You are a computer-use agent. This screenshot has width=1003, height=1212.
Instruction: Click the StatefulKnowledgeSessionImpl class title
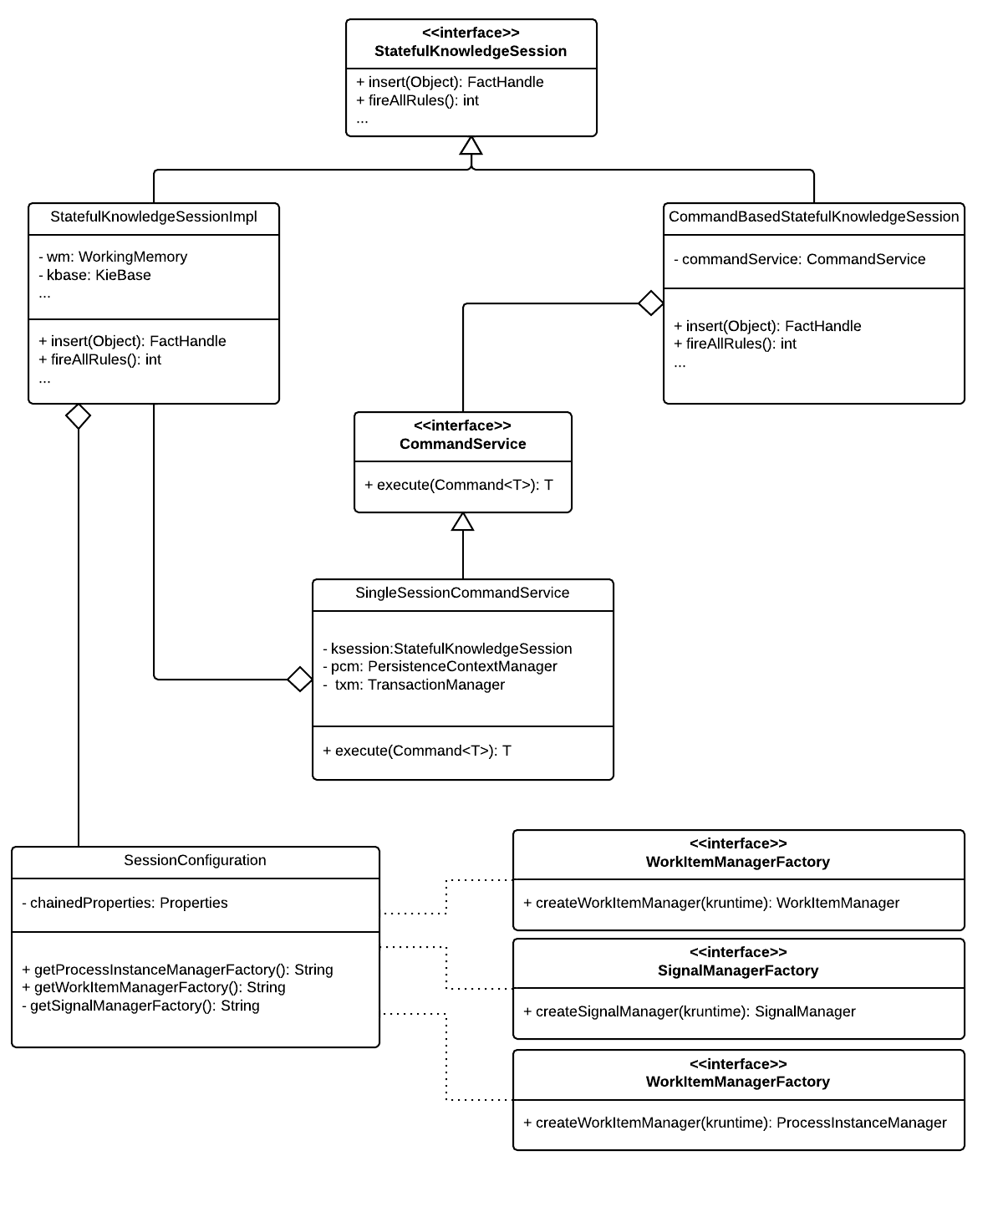tap(153, 216)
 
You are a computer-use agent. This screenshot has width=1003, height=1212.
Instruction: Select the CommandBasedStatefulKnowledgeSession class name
tap(813, 216)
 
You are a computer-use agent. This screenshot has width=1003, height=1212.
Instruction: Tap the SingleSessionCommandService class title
tap(462, 593)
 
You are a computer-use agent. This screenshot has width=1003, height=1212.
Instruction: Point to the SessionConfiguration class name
tap(195, 860)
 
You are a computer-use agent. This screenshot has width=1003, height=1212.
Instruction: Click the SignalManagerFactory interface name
tap(738, 970)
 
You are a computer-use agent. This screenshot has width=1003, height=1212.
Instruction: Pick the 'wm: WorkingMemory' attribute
tap(113, 257)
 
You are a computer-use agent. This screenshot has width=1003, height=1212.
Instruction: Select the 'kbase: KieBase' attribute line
tap(94, 275)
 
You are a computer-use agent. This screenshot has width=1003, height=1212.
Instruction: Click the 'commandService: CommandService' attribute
tap(799, 259)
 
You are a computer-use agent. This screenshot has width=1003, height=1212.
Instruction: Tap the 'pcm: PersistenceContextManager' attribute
tap(440, 666)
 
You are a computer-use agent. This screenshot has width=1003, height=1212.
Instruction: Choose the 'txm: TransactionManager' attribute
tap(414, 685)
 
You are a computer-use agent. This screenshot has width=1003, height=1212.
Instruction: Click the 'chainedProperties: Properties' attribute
tap(125, 903)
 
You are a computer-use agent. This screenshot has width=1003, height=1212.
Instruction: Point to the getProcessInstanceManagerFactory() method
tap(177, 970)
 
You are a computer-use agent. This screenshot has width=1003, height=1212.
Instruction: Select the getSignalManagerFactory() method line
tap(140, 1006)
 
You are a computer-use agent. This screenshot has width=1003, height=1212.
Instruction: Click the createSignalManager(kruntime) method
tap(689, 1011)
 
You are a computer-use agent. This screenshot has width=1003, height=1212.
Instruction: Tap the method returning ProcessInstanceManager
tap(735, 1123)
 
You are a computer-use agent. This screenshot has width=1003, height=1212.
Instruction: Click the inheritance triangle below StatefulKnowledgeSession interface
tap(471, 145)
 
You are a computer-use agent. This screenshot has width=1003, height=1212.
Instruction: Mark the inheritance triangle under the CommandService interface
tap(462, 522)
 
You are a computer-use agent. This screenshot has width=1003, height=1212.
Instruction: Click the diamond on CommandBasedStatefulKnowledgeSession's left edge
tap(650, 303)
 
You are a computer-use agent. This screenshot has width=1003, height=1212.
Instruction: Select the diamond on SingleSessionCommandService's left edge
tap(300, 679)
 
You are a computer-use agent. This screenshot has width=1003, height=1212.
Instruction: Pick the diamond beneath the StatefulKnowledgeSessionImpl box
tap(79, 416)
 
